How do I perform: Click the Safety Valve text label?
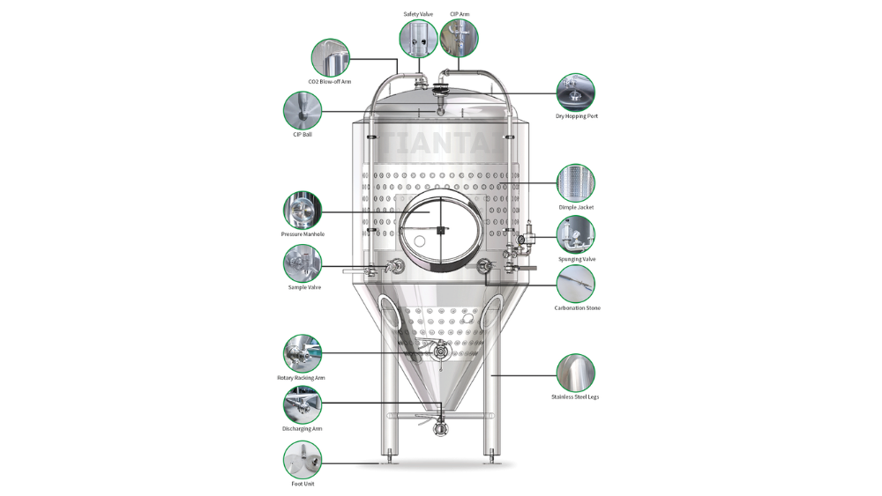[418, 14]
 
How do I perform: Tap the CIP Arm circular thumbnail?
[459, 38]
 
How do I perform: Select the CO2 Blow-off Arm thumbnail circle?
[330, 58]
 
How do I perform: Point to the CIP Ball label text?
[302, 135]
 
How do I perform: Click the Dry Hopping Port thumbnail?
[575, 93]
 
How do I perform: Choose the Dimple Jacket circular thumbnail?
[575, 183]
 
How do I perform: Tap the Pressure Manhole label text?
[303, 234]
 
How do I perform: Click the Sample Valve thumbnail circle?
[302, 263]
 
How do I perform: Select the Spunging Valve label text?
[577, 260]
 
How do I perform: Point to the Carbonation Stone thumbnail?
[575, 285]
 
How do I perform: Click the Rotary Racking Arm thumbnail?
[302, 353]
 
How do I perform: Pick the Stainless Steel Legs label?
[575, 397]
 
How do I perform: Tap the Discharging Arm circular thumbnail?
[302, 404]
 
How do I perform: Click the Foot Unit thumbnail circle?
[302, 460]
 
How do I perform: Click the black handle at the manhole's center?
[441, 230]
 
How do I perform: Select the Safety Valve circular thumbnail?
[418, 38]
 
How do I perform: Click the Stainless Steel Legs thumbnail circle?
[575, 373]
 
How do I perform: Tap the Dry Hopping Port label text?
[577, 116]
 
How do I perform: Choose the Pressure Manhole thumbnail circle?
[302, 210]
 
